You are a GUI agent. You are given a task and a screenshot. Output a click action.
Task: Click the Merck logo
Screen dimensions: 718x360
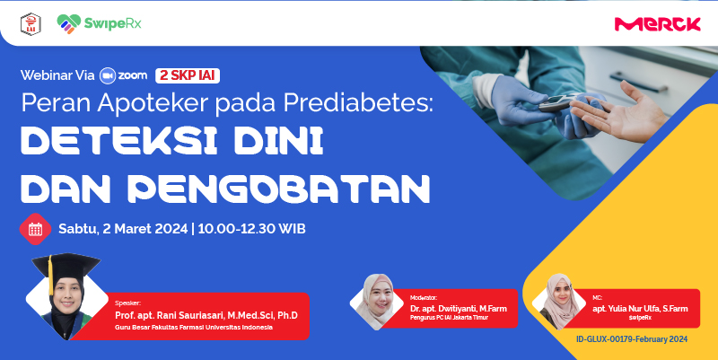pos(657,24)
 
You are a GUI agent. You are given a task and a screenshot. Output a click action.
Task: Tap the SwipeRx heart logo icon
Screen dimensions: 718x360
pos(69,24)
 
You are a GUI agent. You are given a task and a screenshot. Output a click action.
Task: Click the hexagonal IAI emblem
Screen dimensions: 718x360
pos(31,24)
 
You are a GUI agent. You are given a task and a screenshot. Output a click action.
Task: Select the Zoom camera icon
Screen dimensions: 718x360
pos(108,75)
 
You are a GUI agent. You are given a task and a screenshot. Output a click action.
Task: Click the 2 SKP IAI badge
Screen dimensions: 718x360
pos(188,75)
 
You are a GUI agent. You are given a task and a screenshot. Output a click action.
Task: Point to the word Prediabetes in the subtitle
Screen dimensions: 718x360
pos(358,103)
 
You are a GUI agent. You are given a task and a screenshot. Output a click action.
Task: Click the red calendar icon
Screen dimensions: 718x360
pos(35,229)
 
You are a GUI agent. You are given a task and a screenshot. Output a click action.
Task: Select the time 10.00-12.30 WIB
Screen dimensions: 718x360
pos(252,229)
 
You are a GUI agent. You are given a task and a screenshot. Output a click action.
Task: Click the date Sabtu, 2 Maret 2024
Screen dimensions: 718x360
pos(123,229)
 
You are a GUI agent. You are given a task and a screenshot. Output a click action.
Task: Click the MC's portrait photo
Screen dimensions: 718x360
pos(558,302)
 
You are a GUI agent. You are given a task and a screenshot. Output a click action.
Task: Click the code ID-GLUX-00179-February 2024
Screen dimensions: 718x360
pos(632,339)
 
